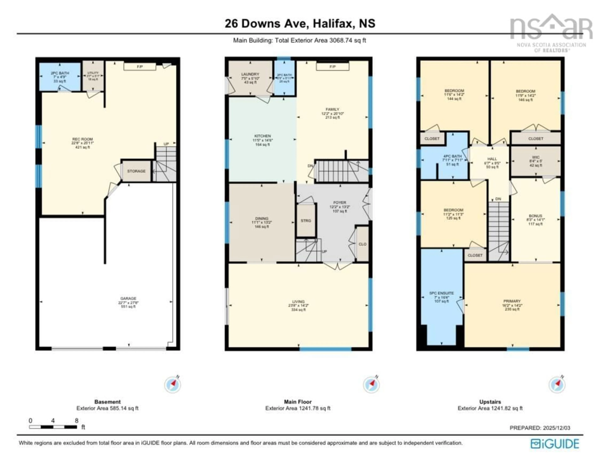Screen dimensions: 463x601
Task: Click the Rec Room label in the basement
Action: pyautogui.click(x=82, y=139)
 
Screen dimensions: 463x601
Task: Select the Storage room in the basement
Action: pyautogui.click(x=136, y=171)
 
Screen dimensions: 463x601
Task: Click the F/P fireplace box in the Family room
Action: pyautogui.click(x=332, y=67)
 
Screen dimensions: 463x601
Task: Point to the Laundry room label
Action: pyautogui.click(x=250, y=74)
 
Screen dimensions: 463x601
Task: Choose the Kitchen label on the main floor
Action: pyautogui.click(x=262, y=136)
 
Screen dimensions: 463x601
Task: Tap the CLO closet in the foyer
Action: pyautogui.click(x=362, y=244)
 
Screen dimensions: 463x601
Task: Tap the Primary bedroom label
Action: pyautogui.click(x=512, y=301)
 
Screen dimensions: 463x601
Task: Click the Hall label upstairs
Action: pyautogui.click(x=492, y=159)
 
